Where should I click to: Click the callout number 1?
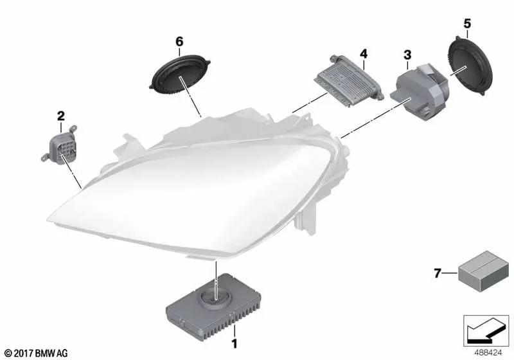pos(235,345)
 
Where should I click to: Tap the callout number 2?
pos(60,116)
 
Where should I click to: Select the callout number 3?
pos(407,56)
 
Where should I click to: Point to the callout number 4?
pos(363,52)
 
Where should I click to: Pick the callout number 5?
pos(466,24)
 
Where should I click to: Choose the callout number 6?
pos(179,42)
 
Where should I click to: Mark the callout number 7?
pos(437,274)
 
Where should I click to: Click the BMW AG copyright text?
pos(30,353)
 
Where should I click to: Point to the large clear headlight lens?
pos(186,193)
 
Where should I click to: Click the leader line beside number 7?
pos(450,274)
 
